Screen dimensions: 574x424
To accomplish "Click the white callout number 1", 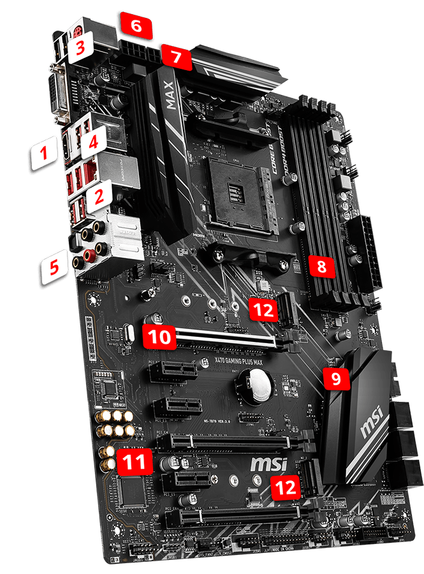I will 44,152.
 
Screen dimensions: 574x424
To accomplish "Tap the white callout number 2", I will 99,198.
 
